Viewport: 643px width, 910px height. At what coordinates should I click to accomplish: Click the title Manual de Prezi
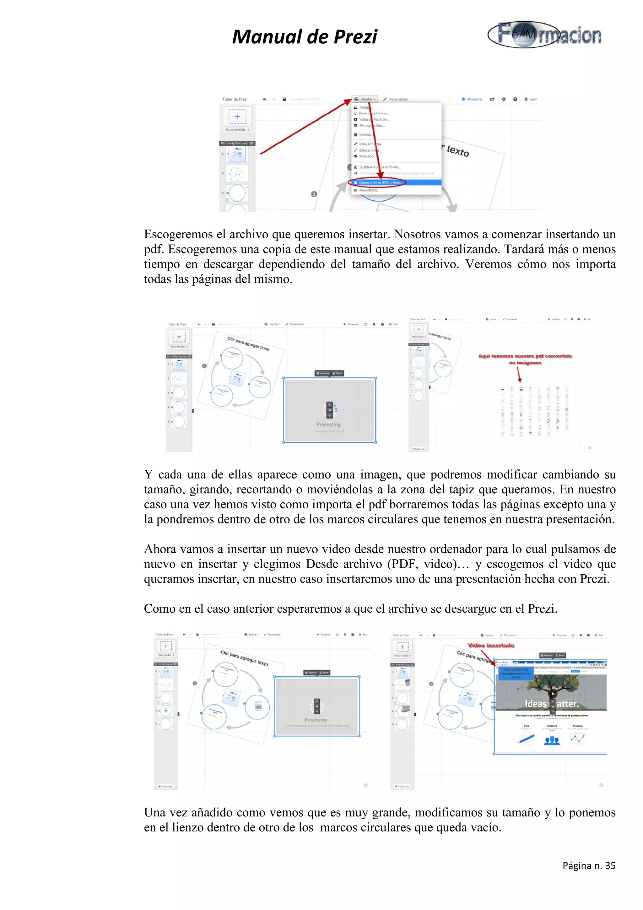[304, 37]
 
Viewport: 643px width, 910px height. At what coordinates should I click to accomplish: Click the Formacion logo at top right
[545, 35]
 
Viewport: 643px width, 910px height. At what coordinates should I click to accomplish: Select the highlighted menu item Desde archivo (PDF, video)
[380, 183]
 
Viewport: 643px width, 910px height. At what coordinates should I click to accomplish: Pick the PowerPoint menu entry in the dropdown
[369, 190]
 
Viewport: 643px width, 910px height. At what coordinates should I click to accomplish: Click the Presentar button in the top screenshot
[472, 99]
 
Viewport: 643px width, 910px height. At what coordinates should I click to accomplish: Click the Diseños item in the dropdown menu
[365, 135]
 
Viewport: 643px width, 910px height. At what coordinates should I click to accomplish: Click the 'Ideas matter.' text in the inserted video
[552, 704]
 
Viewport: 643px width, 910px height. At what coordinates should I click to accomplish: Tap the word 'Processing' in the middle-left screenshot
[328, 425]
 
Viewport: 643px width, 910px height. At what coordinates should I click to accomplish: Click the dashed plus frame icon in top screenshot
[237, 116]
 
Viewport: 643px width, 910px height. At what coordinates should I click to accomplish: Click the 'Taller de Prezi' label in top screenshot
[235, 99]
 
